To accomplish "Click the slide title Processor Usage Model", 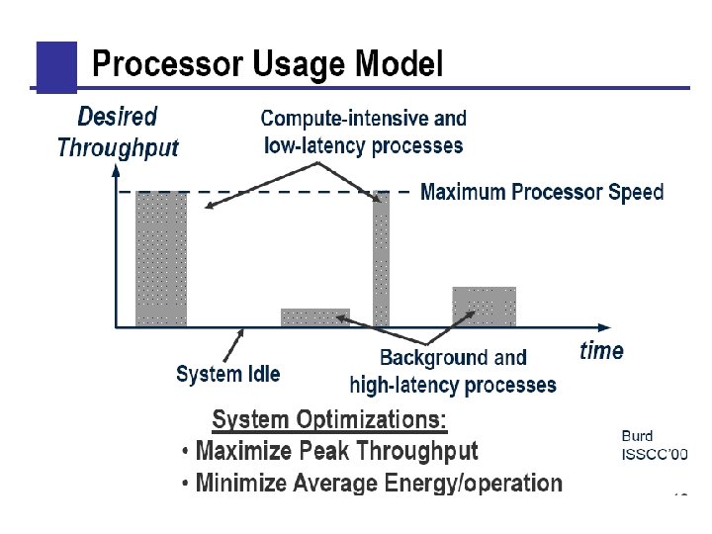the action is pyautogui.click(x=267, y=65).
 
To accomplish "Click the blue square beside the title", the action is pyautogui.click(x=56, y=66).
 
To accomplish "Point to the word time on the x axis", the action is pyautogui.click(x=601, y=351).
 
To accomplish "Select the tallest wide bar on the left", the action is pyautogui.click(x=161, y=258).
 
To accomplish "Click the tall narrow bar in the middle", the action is pyautogui.click(x=381, y=258).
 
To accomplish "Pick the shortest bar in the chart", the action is pyautogui.click(x=315, y=317).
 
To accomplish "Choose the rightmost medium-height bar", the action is pyautogui.click(x=485, y=307).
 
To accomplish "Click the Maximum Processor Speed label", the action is pyautogui.click(x=542, y=192).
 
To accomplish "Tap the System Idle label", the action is pyautogui.click(x=227, y=374).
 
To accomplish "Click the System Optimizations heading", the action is pyautogui.click(x=329, y=420).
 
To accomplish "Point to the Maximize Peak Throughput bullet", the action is pyautogui.click(x=336, y=452).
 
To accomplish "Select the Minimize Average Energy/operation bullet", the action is pyautogui.click(x=379, y=484).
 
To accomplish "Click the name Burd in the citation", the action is pyautogui.click(x=637, y=435).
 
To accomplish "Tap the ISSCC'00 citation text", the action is pyautogui.click(x=653, y=454).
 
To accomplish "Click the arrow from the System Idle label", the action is pyautogui.click(x=234, y=345).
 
